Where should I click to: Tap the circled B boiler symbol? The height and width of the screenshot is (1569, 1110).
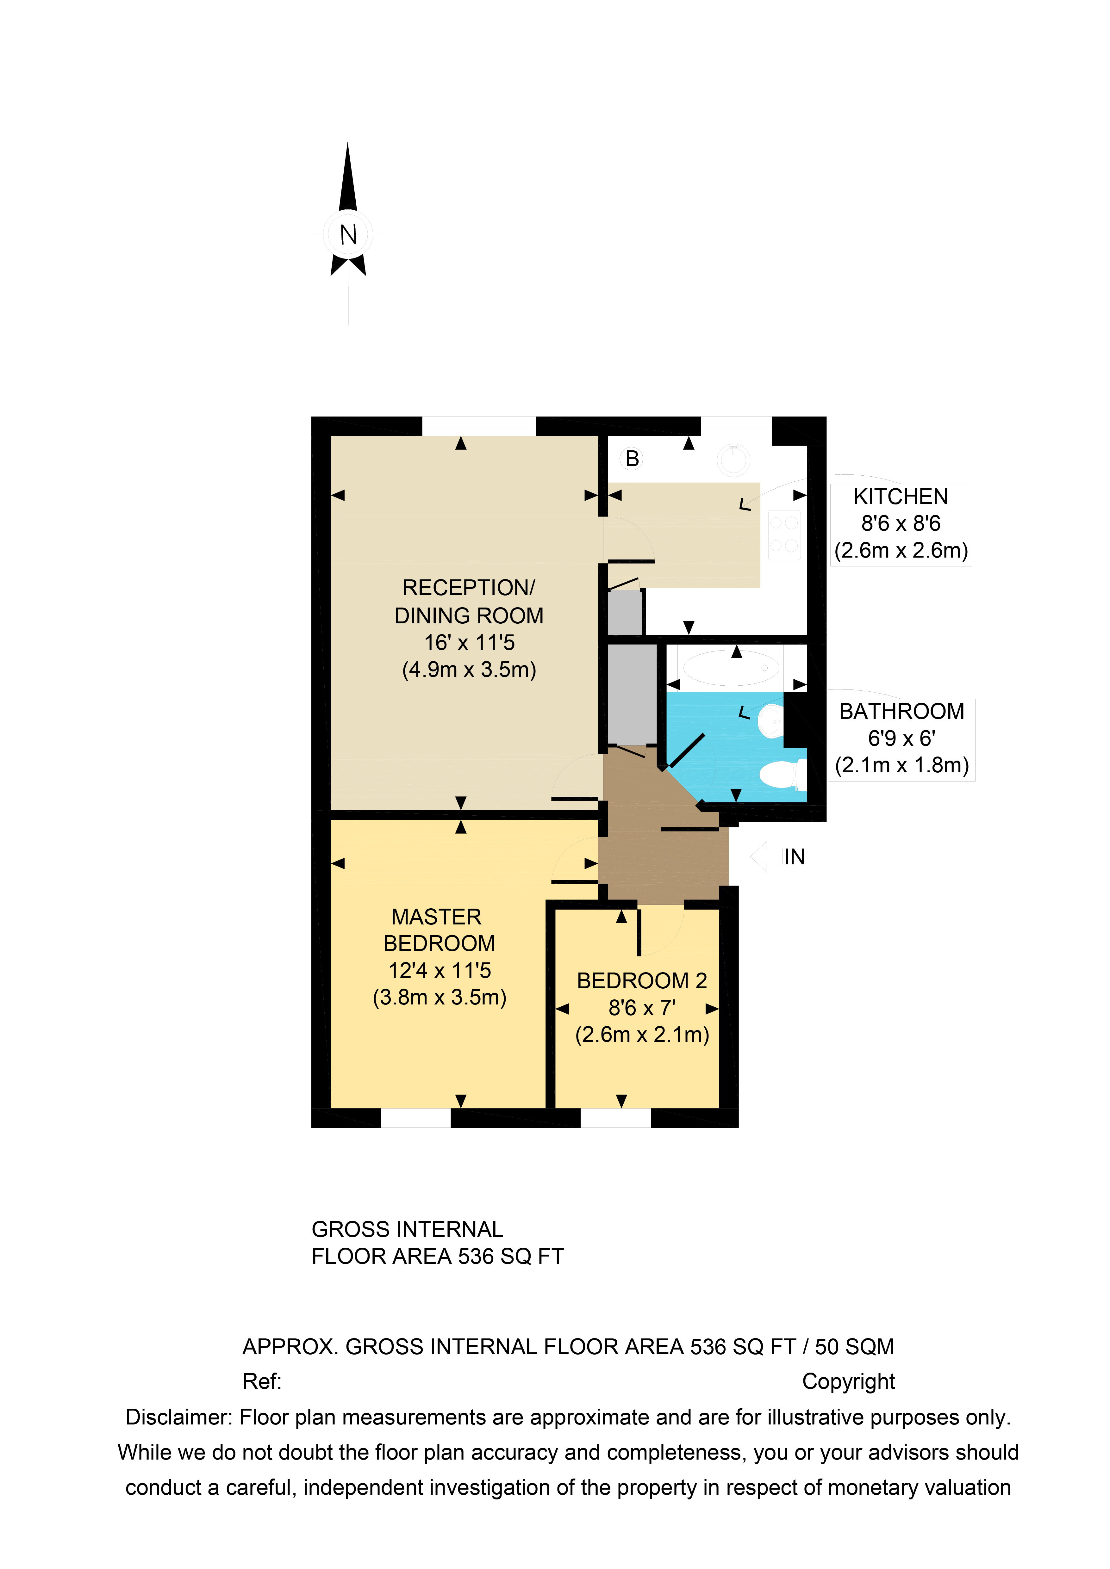point(632,459)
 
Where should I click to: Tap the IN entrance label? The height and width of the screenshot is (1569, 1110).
point(795,857)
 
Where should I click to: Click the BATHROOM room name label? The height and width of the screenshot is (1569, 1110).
point(901,711)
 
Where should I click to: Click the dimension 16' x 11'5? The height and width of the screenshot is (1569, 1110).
point(469,642)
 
